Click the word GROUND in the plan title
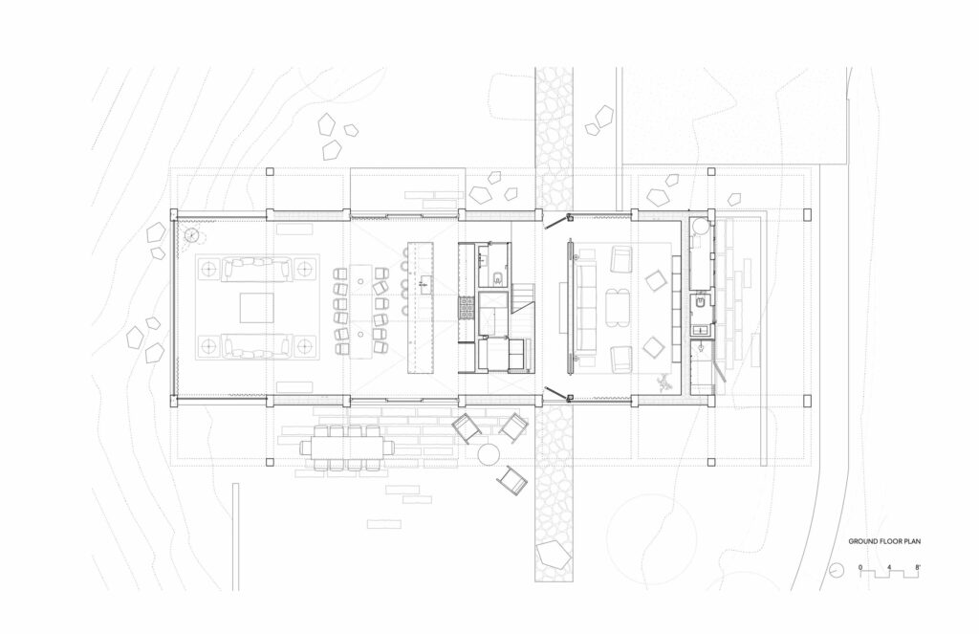862,541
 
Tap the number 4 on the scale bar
889,568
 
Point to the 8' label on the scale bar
917,568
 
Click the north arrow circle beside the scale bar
836,570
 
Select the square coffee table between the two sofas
256,308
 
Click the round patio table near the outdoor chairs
489,454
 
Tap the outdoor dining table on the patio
348,447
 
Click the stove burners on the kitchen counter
467,307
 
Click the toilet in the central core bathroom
497,278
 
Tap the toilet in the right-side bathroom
701,303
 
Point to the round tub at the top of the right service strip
700,226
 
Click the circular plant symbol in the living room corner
192,235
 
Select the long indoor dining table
360,311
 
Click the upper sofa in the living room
256,269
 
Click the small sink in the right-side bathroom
700,329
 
